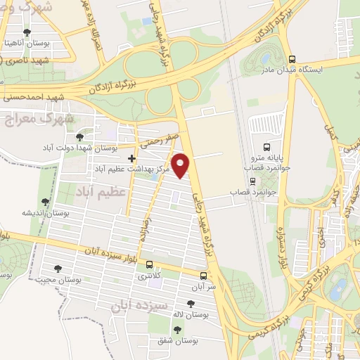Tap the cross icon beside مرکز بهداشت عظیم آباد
tap(131, 158)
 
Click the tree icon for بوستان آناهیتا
tap(27, 32)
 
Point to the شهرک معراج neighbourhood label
tap(28, 118)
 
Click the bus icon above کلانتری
tap(149, 265)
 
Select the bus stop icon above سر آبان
tap(204, 276)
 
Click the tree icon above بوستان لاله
tap(189, 304)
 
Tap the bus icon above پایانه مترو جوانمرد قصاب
tap(266, 147)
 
